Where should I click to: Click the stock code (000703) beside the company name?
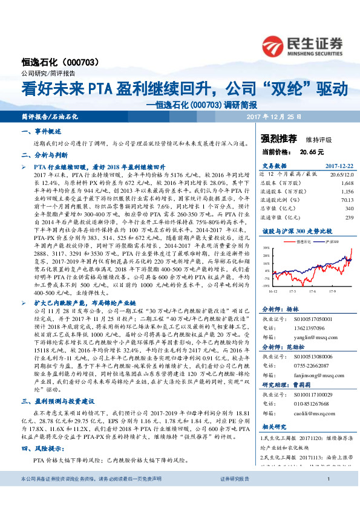point(90,62)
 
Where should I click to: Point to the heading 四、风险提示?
point(42,449)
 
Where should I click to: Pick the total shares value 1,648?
point(347,182)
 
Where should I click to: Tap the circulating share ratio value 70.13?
point(345,199)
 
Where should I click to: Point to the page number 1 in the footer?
point(327,496)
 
